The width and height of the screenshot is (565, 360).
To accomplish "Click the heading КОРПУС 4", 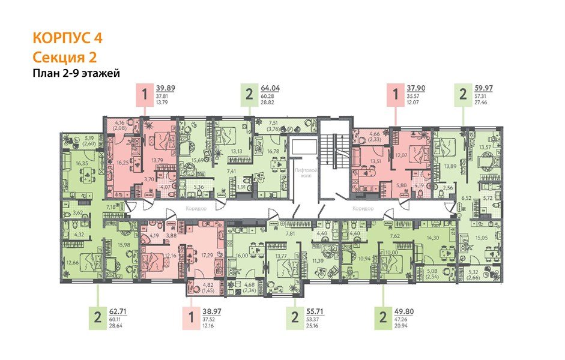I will click(x=67, y=38).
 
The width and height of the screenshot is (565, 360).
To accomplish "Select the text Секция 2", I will click(x=62, y=57).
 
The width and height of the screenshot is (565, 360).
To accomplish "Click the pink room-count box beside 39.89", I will click(x=144, y=95).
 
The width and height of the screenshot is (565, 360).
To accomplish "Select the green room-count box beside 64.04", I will click(x=249, y=95).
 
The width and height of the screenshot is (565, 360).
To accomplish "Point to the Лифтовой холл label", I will click(x=304, y=173).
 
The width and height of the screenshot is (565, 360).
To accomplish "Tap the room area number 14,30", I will click(x=432, y=238).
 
